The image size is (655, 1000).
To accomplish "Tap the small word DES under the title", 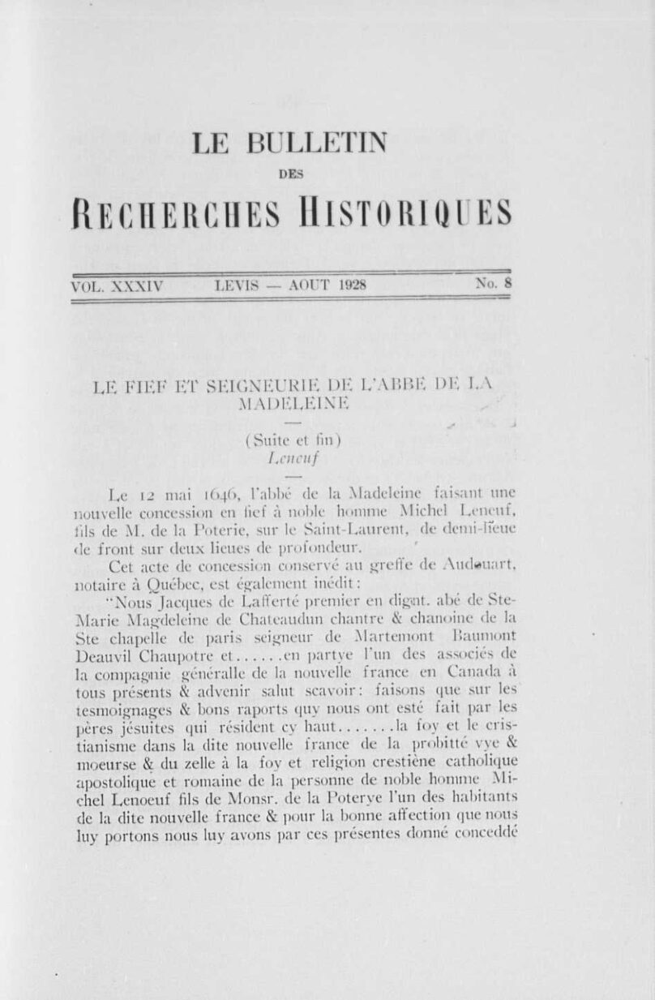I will tap(289, 172).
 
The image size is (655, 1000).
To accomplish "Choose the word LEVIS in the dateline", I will tap(241, 285).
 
